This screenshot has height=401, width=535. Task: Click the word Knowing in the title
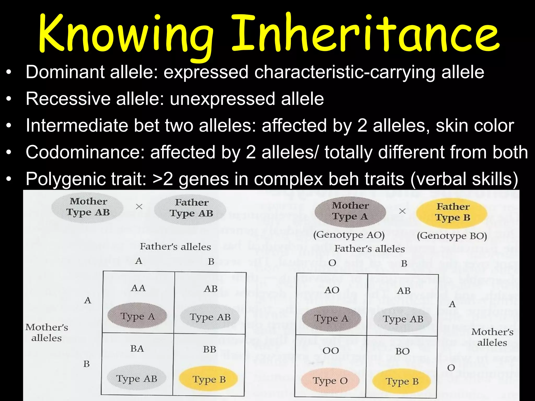click(x=125, y=34)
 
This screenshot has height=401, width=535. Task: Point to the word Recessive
click(x=68, y=99)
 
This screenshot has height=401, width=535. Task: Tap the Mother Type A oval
click(x=350, y=211)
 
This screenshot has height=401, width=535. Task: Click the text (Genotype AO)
click(x=349, y=235)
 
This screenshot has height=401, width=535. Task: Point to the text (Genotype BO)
click(x=452, y=236)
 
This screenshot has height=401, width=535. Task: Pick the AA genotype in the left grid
click(x=138, y=288)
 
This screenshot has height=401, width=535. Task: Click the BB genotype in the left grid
click(x=210, y=349)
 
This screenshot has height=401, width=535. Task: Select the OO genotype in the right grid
click(x=331, y=351)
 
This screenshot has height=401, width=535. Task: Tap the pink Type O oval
click(x=330, y=381)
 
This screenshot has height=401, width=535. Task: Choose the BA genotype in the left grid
click(x=137, y=349)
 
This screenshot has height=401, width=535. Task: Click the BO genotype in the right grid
click(x=402, y=351)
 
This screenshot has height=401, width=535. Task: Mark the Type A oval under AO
click(x=331, y=319)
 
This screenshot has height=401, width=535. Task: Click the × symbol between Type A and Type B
click(x=403, y=211)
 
